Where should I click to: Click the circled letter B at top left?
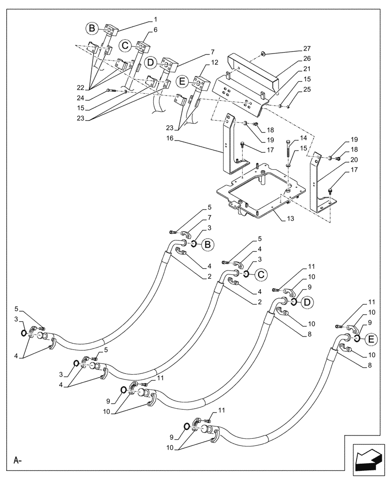coord(92,29)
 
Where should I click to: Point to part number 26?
coord(306,59)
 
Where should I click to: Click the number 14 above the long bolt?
coord(302,138)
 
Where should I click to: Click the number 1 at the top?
coord(155,20)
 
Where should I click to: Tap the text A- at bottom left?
coord(18,461)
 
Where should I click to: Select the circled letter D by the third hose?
coord(307,302)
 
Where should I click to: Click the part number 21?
coord(306,70)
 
